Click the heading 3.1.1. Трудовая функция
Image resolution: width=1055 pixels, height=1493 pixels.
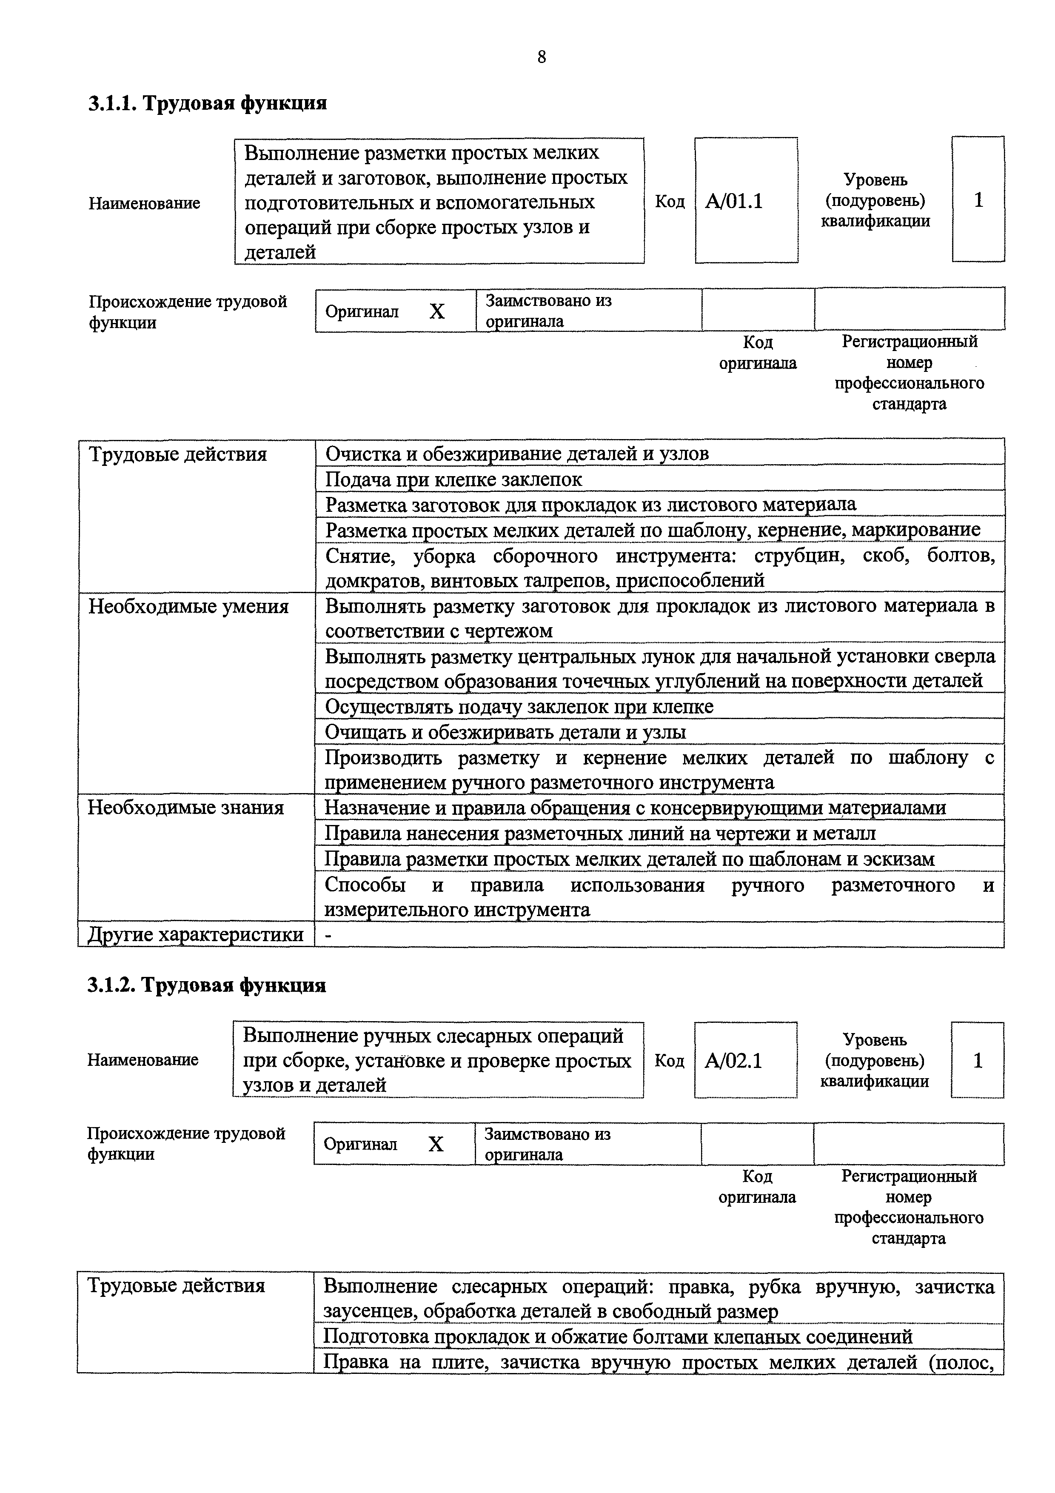pyautogui.click(x=207, y=103)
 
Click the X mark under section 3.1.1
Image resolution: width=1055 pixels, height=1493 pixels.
pyautogui.click(x=437, y=312)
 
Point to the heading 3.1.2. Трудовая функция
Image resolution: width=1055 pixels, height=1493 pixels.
pyautogui.click(x=207, y=985)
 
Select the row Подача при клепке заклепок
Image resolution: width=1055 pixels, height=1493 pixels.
pyautogui.click(x=453, y=479)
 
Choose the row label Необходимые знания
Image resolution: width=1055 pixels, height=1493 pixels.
pyautogui.click(x=186, y=808)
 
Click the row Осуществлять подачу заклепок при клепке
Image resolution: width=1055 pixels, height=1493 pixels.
pyautogui.click(x=519, y=706)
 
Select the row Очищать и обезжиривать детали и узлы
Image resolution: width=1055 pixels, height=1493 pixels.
pyautogui.click(x=505, y=732)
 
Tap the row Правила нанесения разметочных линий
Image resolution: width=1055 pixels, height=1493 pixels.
pyautogui.click(x=599, y=833)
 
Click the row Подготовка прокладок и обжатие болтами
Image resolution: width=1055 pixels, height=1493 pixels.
pyautogui.click(x=618, y=1336)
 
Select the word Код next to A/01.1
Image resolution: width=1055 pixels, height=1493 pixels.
pyautogui.click(x=670, y=202)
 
